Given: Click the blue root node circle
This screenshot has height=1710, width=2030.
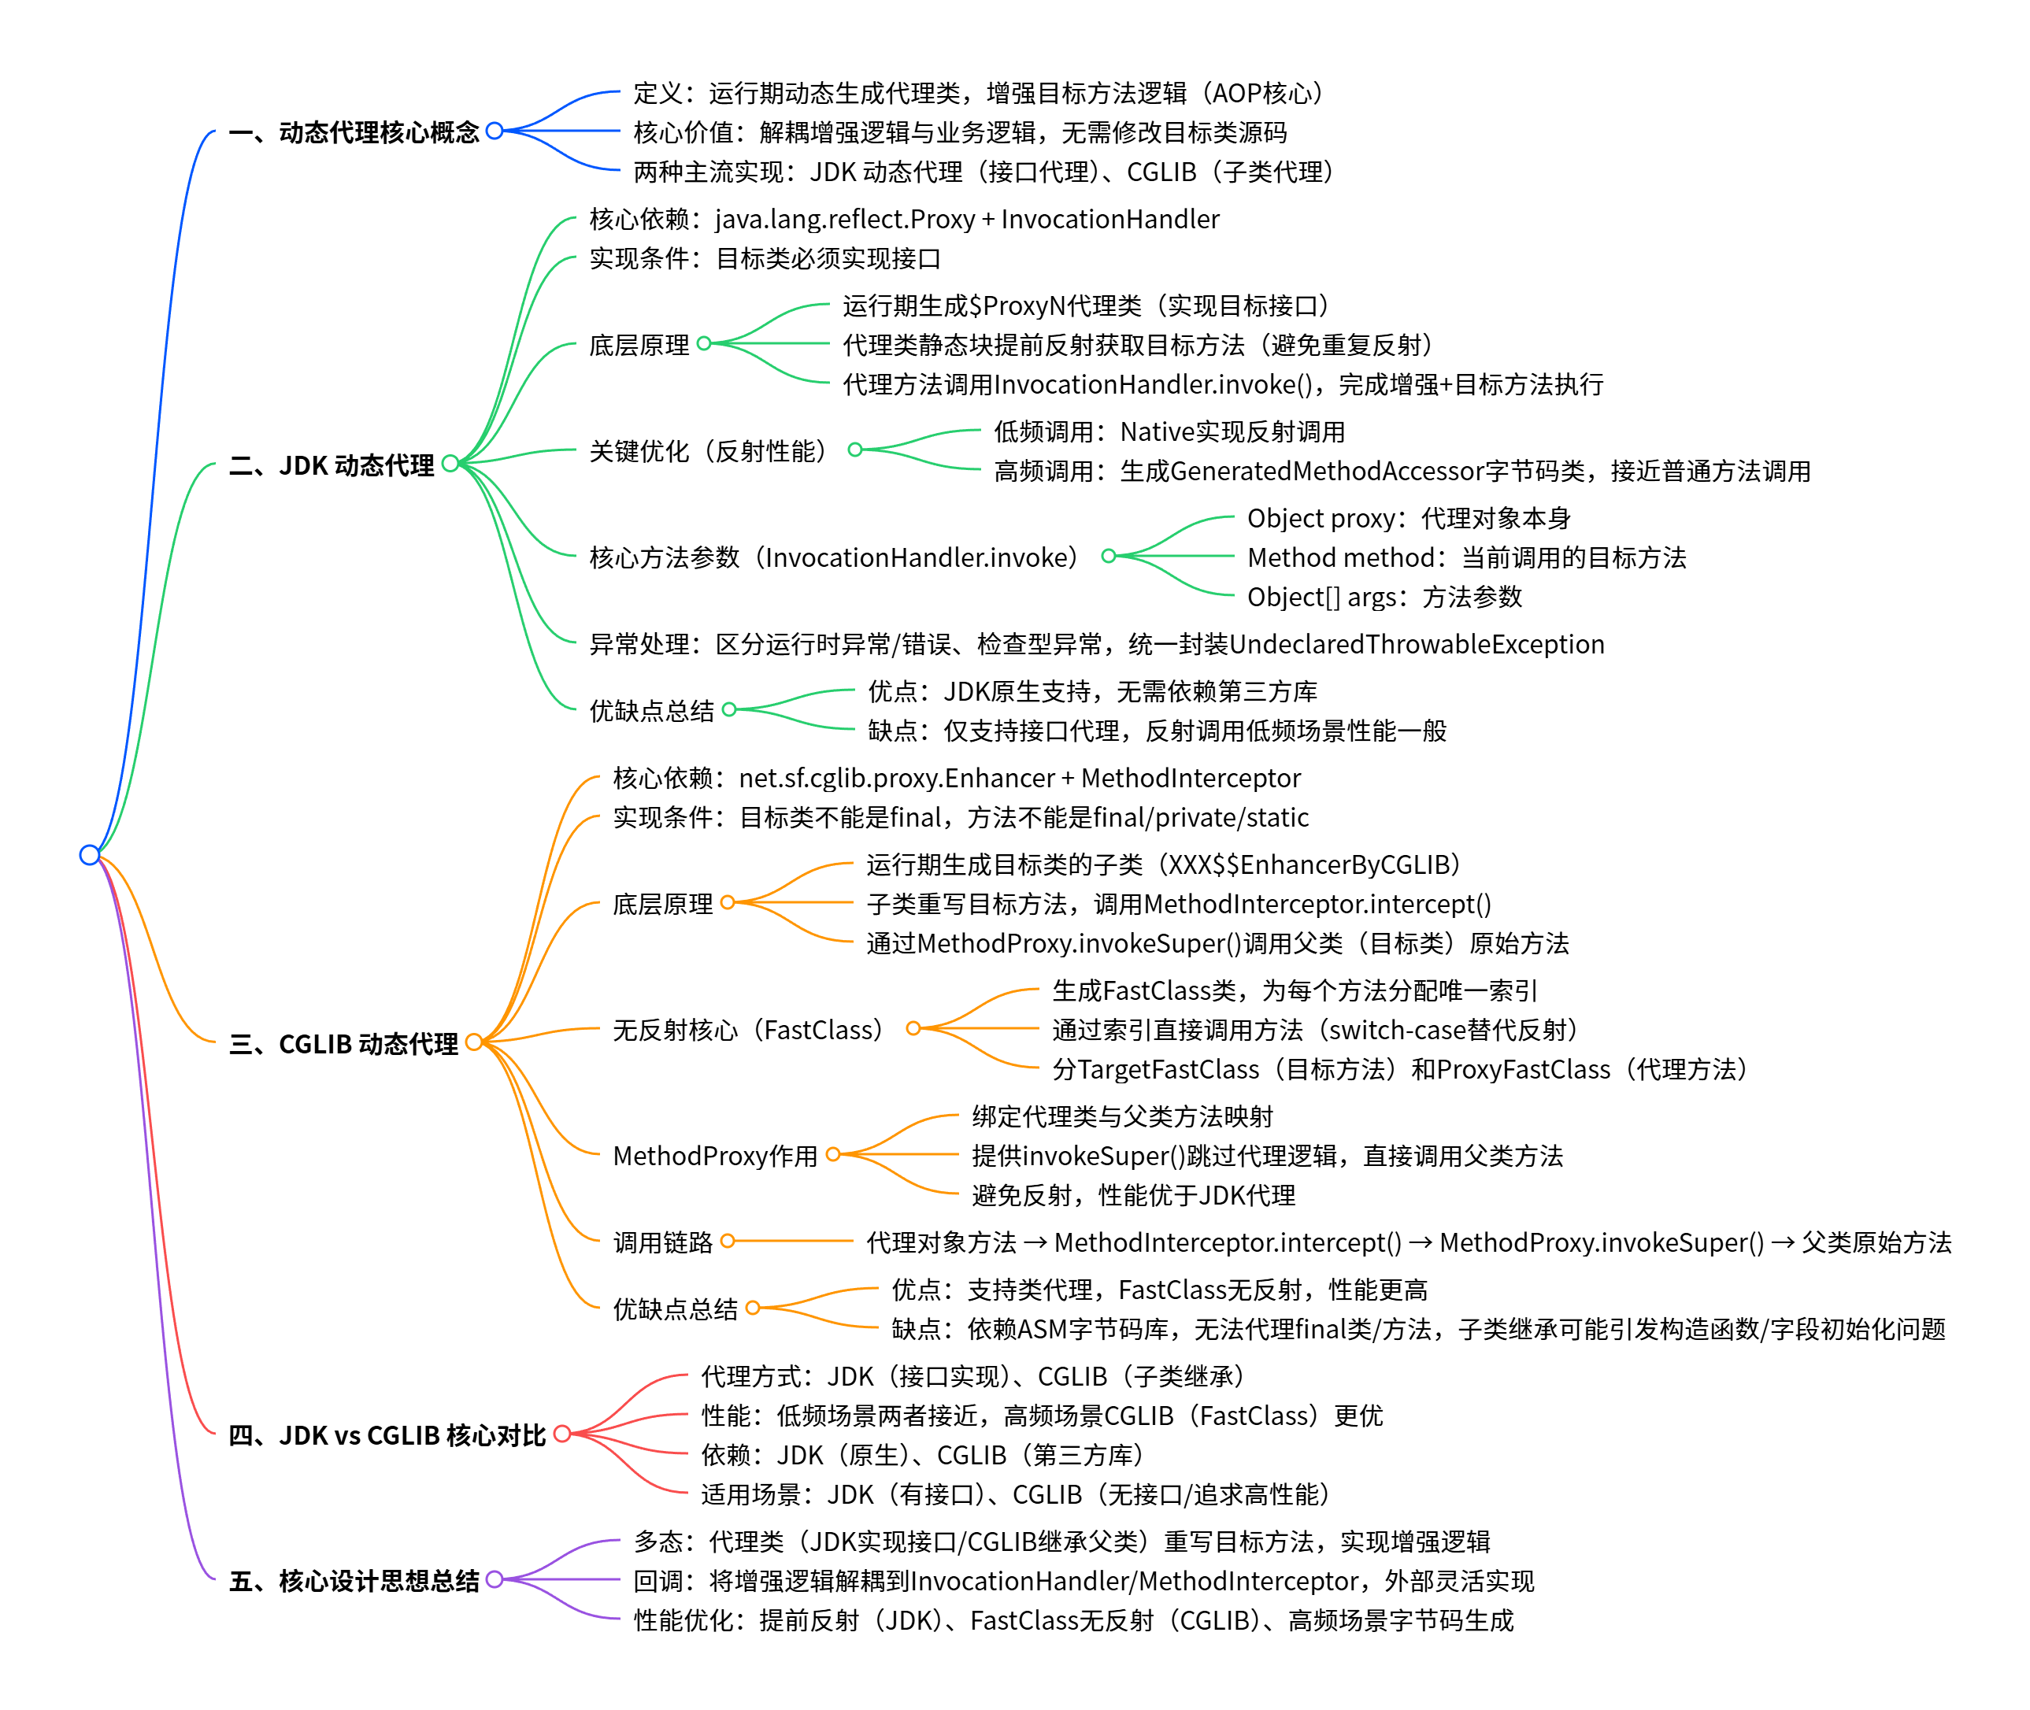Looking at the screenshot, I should pos(89,854).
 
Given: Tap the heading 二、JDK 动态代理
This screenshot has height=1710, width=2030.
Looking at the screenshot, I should pos(332,465).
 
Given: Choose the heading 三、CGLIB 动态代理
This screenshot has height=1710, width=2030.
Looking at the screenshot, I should pos(343,1044).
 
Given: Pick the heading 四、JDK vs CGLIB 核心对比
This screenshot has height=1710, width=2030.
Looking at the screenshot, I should pos(387,1434).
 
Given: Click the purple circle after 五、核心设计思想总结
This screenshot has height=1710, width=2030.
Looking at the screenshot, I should pos(495,1579).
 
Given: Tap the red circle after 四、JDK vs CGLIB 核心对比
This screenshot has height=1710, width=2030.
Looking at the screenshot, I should pos(561,1434).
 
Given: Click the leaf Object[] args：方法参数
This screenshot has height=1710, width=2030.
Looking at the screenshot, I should pos(1384,597).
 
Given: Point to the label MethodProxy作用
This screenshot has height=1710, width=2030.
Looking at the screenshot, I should pos(716,1156).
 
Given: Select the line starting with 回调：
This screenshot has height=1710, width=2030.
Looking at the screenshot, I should pos(1083,1581).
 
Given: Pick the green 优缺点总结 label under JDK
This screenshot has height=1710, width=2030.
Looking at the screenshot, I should pos(651,712).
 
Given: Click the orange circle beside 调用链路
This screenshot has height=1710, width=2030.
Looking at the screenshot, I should pos(727,1241).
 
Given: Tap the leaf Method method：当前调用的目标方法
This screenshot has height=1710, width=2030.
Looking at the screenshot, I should pos(1465,558).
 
